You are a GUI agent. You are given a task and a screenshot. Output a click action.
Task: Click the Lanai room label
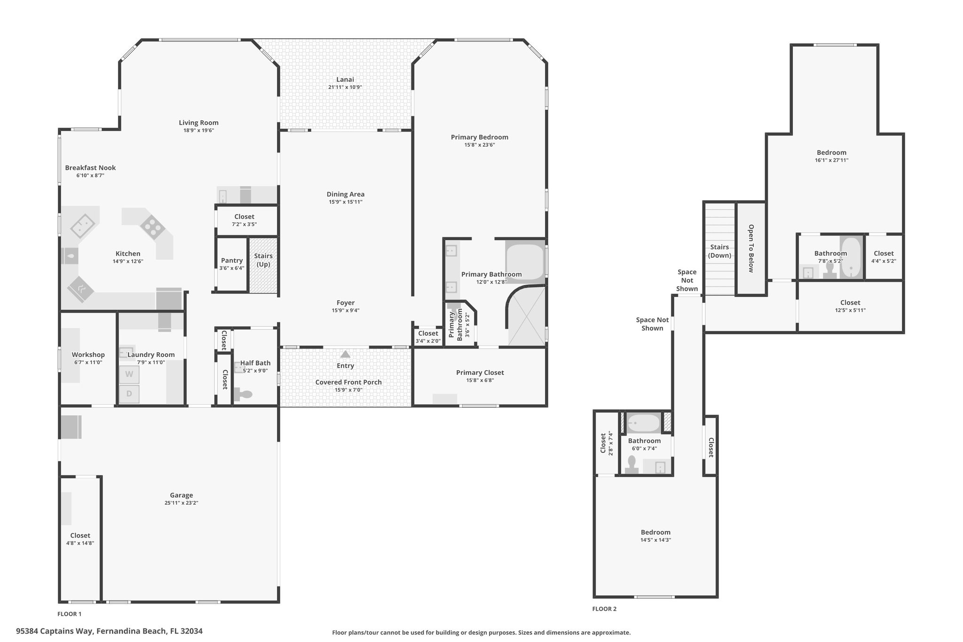pyautogui.click(x=345, y=79)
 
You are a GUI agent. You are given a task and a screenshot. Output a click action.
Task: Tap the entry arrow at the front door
pyautogui.click(x=345, y=354)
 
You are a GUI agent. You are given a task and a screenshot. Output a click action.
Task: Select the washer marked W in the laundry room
pyautogui.click(x=129, y=375)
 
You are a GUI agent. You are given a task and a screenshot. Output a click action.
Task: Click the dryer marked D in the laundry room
pyautogui.click(x=129, y=394)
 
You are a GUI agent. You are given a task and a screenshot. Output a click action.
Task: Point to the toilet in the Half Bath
pyautogui.click(x=243, y=394)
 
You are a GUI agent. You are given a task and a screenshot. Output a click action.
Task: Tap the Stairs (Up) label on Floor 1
pyautogui.click(x=263, y=260)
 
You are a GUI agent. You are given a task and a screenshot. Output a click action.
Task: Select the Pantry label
pyautogui.click(x=232, y=261)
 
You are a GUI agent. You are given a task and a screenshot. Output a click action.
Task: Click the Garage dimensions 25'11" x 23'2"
pyautogui.click(x=182, y=503)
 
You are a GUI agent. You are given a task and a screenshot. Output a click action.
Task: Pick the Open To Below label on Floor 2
pyautogui.click(x=751, y=248)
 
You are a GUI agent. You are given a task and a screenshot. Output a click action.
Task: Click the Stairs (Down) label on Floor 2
pyautogui.click(x=719, y=251)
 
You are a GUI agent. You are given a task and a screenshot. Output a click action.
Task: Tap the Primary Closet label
pyautogui.click(x=480, y=373)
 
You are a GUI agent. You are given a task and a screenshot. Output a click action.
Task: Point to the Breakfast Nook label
pyautogui.click(x=90, y=167)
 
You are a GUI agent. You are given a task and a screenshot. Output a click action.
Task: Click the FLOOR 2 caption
pyautogui.click(x=604, y=609)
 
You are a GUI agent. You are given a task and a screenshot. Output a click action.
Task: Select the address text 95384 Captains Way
pyautogui.click(x=55, y=631)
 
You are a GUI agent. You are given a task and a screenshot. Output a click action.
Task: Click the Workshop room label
pyautogui.click(x=88, y=355)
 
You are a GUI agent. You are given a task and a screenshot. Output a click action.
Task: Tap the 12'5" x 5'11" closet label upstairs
pyautogui.click(x=850, y=310)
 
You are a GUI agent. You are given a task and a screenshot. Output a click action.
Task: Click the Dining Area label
pyautogui.click(x=346, y=194)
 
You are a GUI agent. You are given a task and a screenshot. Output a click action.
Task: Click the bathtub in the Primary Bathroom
pyautogui.click(x=525, y=262)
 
